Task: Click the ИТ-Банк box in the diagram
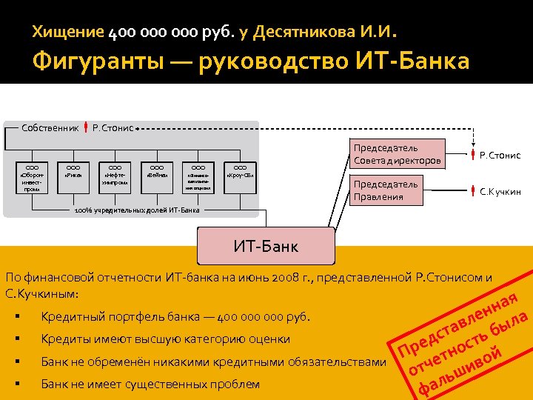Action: pos(266,245)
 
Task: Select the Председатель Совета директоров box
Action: pos(398,154)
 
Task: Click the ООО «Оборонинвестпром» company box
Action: pos(32,178)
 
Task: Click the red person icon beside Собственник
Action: pos(87,127)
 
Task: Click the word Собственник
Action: pos(50,128)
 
